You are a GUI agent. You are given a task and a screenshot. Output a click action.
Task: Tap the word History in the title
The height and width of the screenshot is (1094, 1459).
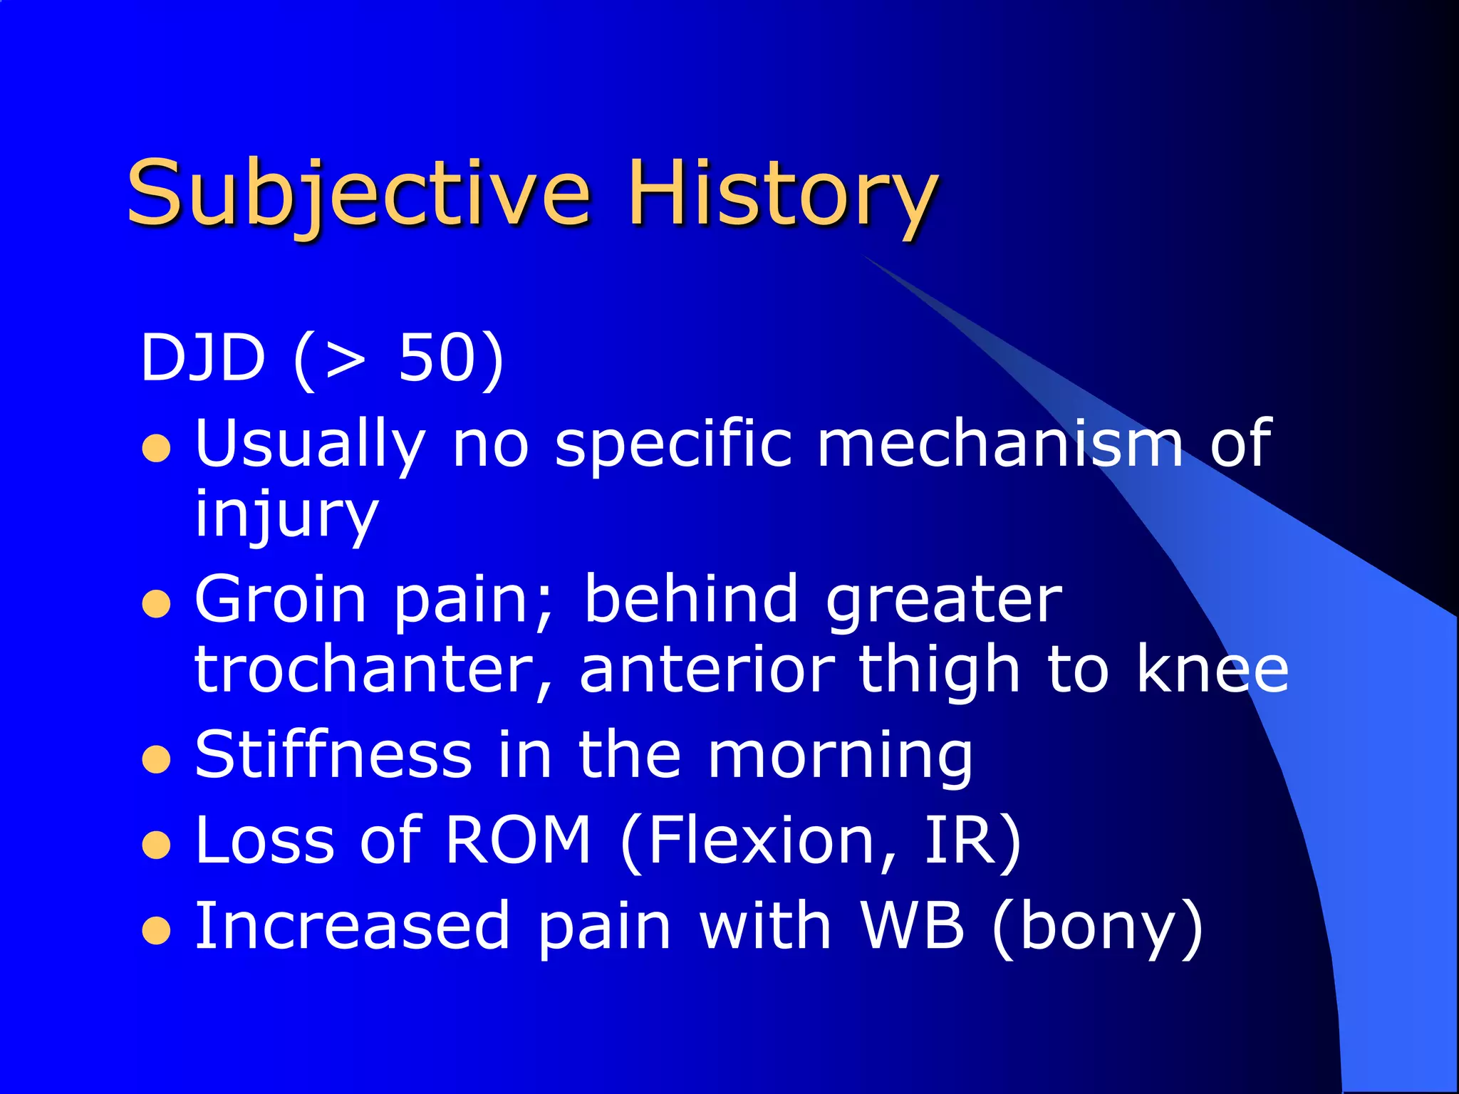coord(782,194)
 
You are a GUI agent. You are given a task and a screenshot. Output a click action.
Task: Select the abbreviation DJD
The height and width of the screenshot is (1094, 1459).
coord(203,358)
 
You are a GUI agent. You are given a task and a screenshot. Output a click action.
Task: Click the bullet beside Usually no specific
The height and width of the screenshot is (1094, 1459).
coord(156,449)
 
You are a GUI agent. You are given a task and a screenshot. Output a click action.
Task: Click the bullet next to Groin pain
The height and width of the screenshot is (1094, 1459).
coord(156,605)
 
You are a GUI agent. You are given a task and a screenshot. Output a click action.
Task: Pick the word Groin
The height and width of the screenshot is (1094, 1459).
coord(281,600)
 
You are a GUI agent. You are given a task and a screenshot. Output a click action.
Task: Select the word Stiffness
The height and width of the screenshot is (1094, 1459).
coord(333,755)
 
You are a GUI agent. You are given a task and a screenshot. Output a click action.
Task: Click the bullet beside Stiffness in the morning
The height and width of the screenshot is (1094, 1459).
coord(156,761)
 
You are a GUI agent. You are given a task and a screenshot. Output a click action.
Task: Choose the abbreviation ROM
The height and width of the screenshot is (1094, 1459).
coord(518,841)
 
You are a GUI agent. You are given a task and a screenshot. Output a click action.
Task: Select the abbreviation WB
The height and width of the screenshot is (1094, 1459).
coord(913,926)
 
